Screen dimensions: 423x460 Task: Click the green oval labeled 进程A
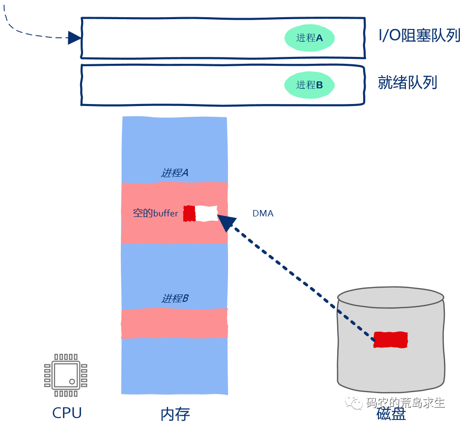[310, 38]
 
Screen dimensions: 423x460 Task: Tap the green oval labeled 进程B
[310, 85]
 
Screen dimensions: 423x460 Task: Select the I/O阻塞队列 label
[419, 36]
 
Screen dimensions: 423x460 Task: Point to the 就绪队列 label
[407, 82]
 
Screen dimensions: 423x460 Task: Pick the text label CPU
[67, 413]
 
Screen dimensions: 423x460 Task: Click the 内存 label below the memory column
[175, 414]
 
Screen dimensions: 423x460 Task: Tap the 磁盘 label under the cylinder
[391, 414]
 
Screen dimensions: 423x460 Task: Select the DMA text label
[263, 213]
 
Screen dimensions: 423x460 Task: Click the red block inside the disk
[391, 340]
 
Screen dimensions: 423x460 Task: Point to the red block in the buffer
[189, 213]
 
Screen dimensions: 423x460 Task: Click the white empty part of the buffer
[206, 213]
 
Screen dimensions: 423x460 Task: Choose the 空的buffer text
[155, 213]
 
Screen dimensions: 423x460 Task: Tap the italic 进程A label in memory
[174, 173]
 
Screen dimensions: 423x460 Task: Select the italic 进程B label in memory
[175, 298]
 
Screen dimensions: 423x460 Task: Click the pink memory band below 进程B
[174, 323]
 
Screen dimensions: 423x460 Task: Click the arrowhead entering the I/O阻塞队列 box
[74, 38]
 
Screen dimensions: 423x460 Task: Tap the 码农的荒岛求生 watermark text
[405, 403]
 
